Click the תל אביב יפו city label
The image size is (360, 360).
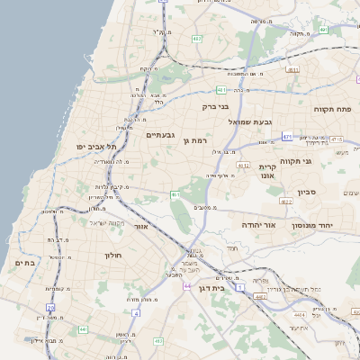pyautogui.click(x=94, y=146)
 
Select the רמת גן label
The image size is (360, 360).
pyautogui.click(x=193, y=139)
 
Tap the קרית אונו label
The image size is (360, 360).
pyautogui.click(x=266, y=173)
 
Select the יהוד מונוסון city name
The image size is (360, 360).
pyautogui.click(x=313, y=225)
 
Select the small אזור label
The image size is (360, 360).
pyautogui.click(x=139, y=227)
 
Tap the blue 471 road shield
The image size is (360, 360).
pyautogui.click(x=287, y=137)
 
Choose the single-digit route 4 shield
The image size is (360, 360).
pyautogui.click(x=136, y=312)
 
